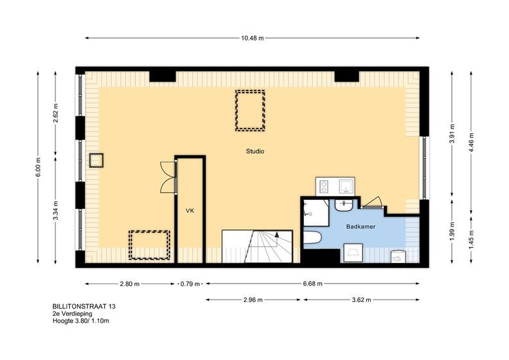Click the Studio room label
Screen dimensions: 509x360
coord(255,151)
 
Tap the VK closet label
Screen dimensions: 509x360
coord(190,211)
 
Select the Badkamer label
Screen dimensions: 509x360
coord(361,226)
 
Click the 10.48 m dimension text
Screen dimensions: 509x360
coord(252,38)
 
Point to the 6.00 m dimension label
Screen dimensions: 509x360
coord(39,167)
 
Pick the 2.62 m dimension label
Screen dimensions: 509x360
coord(56,113)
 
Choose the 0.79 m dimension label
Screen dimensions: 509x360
coord(190,284)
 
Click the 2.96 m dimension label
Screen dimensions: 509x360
coord(253,300)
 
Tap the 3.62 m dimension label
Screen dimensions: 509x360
coord(361,300)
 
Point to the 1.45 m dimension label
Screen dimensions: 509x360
coord(471,238)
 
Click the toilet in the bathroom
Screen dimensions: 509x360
coord(398,256)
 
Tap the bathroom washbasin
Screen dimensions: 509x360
coord(344,206)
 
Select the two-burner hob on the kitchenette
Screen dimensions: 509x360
coord(324,186)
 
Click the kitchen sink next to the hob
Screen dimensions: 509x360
coord(345,186)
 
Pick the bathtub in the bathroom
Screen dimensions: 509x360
coord(312,237)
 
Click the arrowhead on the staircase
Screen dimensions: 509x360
coord(277,234)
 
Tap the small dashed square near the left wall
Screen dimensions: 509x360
coord(96,160)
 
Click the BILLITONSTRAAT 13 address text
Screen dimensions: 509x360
coord(84,306)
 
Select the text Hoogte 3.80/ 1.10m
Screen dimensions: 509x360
coord(81,321)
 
